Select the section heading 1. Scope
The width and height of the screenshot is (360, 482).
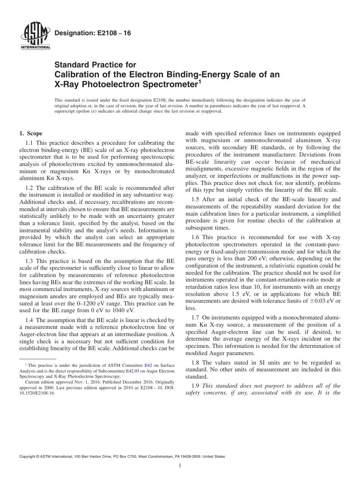[31, 133]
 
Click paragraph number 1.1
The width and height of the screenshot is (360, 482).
[29, 143]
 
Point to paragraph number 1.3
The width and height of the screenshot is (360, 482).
[29, 261]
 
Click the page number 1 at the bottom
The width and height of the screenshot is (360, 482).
[180, 466]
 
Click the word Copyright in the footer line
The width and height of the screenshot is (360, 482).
[28, 457]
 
